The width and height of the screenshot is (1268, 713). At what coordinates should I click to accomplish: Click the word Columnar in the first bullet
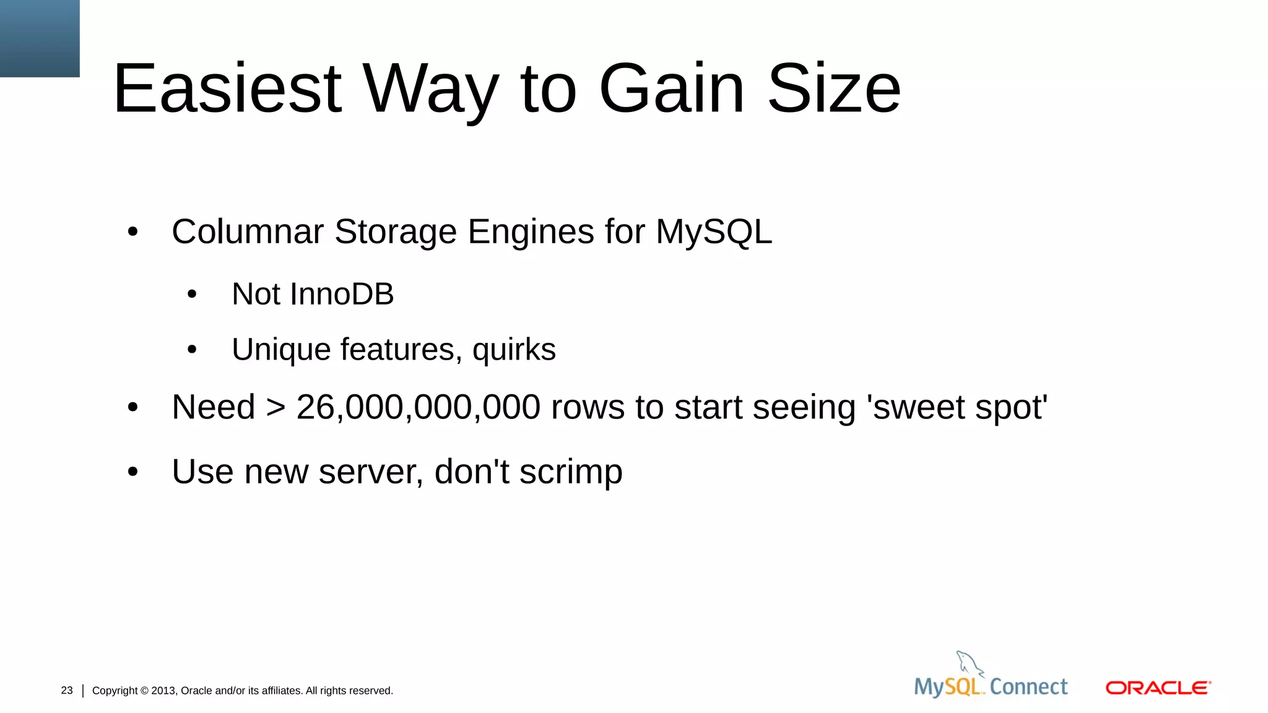click(x=248, y=231)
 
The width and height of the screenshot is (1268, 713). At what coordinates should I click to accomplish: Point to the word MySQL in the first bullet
click(x=713, y=231)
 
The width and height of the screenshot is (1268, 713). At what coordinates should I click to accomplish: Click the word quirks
click(x=514, y=350)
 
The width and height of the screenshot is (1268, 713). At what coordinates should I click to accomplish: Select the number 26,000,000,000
click(x=419, y=407)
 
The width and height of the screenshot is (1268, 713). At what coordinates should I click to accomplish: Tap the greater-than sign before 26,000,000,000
click(x=276, y=408)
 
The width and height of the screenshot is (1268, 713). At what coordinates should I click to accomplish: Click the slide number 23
click(x=67, y=690)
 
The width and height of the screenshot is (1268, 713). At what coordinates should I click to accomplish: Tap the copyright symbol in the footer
click(x=144, y=691)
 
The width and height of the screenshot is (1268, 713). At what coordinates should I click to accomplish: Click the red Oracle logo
click(x=1158, y=688)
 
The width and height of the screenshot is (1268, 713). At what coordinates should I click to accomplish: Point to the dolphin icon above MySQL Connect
click(x=969, y=664)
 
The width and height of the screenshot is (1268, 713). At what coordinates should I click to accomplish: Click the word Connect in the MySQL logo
click(x=1028, y=686)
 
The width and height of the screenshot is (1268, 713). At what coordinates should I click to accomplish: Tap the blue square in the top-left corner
click(x=40, y=38)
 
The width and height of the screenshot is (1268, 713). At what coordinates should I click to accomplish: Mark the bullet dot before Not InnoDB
click(x=192, y=295)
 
